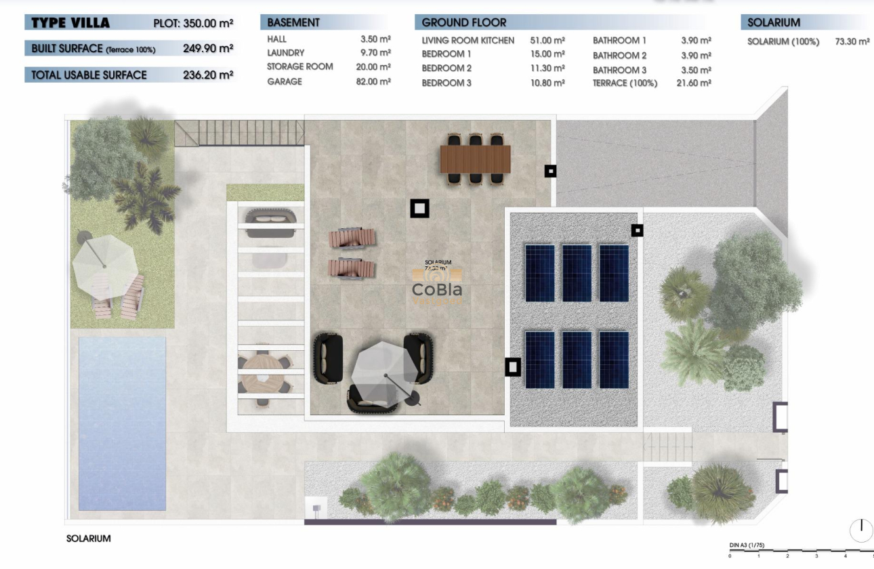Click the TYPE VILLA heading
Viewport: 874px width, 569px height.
coord(70,23)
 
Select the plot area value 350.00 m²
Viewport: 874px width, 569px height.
coord(208,24)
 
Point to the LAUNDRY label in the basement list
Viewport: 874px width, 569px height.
coord(285,53)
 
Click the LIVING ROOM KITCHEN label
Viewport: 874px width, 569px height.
coord(467,41)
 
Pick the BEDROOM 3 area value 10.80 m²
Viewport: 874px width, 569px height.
coord(547,83)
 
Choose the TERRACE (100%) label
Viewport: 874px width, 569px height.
coord(625,83)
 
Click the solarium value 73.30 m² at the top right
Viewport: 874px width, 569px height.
coord(852,42)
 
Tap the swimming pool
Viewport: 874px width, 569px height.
coord(123,413)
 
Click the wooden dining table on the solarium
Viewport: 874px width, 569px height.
coord(475,160)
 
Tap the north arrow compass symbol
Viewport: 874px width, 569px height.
coord(861,530)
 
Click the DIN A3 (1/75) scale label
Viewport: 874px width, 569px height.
coord(747,545)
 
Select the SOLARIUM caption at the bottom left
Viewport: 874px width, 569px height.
coord(88,539)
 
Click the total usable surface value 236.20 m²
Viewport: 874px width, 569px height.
coord(208,75)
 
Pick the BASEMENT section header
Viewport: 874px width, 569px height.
coord(293,22)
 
